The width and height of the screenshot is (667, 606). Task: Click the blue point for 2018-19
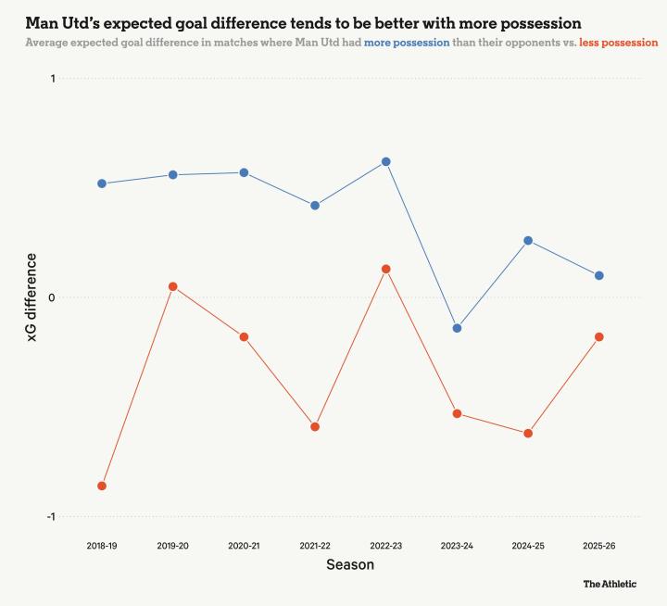(x=102, y=183)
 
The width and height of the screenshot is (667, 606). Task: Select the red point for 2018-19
(x=102, y=486)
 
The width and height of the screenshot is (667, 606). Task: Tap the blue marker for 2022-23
(x=386, y=161)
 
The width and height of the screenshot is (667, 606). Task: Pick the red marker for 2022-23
(x=386, y=269)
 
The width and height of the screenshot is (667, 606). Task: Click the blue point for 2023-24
(x=457, y=328)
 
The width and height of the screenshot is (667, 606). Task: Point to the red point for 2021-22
(x=315, y=426)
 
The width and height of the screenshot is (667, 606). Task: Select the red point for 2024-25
(x=528, y=433)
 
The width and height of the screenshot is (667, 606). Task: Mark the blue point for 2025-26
(x=599, y=275)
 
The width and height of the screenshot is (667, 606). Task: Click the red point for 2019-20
(x=173, y=286)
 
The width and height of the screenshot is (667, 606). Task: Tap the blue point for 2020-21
(x=244, y=172)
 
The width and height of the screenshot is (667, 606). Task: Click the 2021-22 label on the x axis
(x=315, y=546)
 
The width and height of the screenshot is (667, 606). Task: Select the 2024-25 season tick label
(x=528, y=546)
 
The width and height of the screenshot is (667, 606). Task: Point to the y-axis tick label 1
(x=53, y=79)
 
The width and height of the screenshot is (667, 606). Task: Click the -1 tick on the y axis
(x=51, y=516)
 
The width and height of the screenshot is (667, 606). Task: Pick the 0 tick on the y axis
(x=53, y=297)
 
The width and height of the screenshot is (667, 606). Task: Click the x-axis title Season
(x=350, y=564)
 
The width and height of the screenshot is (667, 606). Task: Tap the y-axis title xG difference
(x=31, y=297)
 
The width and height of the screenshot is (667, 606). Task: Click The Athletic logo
(x=610, y=584)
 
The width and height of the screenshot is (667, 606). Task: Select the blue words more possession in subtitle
(x=407, y=43)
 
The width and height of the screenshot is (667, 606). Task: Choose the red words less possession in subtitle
(x=618, y=43)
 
